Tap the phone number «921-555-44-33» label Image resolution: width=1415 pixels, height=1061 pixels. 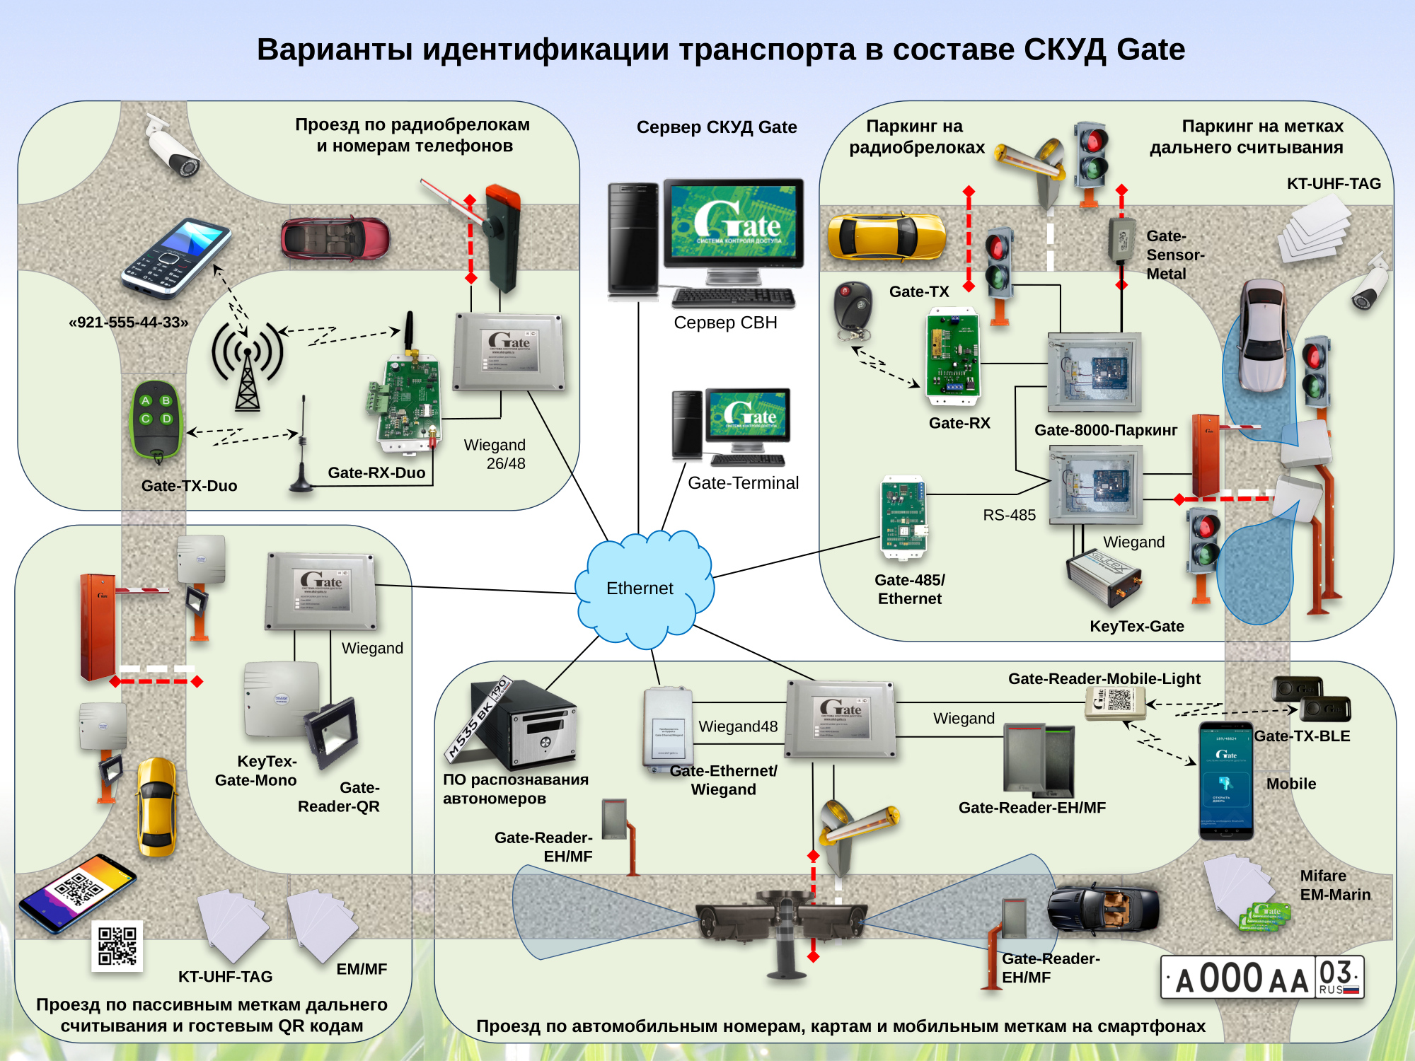[129, 323]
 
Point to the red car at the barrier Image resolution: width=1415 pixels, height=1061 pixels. [335, 238]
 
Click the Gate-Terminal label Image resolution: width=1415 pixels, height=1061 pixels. [743, 483]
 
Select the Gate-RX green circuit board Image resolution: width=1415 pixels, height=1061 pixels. [954, 356]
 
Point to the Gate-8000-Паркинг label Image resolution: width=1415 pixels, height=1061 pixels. [1105, 430]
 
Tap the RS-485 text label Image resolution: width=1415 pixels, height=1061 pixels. [1009, 515]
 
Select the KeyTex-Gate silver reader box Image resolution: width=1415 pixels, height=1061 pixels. [1104, 577]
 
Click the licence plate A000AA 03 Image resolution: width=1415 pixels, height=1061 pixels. [1262, 978]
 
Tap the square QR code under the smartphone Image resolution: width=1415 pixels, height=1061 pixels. [117, 946]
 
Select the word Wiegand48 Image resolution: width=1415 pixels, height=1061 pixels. [738, 726]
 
